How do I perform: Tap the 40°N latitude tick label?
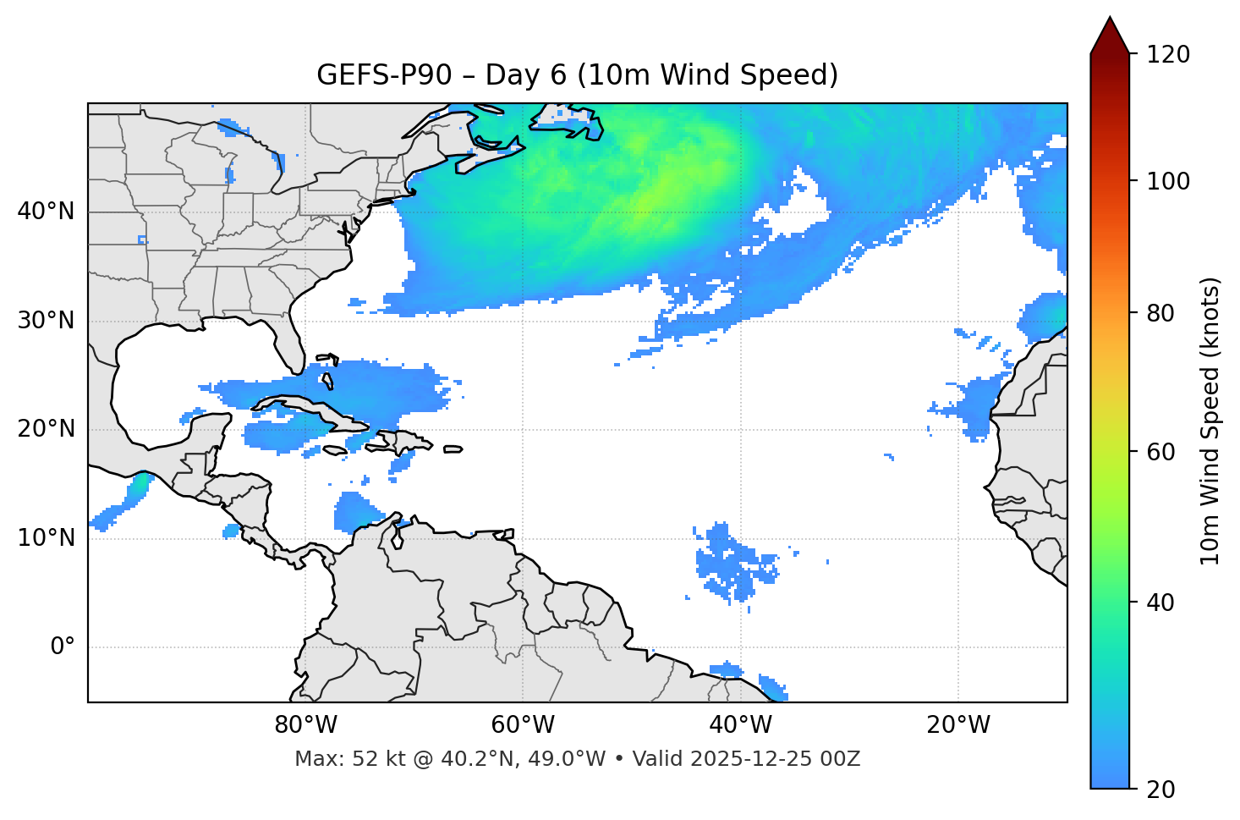click(x=46, y=212)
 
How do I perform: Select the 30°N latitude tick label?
click(x=46, y=321)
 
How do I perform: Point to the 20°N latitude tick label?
click(x=46, y=429)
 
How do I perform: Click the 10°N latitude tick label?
click(x=46, y=538)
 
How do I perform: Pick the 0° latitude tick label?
click(x=63, y=647)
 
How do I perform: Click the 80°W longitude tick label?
click(x=305, y=725)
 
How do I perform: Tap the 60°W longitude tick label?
click(x=523, y=725)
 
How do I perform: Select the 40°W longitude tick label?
click(x=740, y=725)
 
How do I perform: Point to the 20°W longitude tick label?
click(x=957, y=725)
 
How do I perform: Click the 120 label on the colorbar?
click(x=1168, y=55)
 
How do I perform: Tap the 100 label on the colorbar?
click(x=1168, y=181)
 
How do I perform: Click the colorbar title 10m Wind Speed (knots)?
click(x=1210, y=421)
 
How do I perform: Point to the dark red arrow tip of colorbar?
click(x=1110, y=25)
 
